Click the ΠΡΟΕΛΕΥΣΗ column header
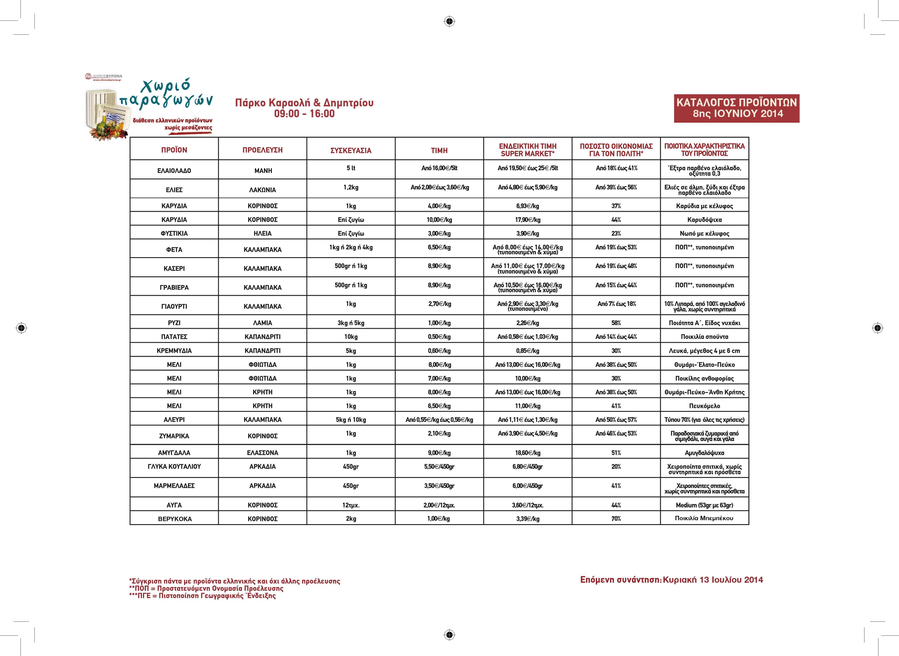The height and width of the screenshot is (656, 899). (262, 150)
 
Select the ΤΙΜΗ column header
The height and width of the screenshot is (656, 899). (439, 150)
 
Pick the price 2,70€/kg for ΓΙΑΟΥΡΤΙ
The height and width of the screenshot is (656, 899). (439, 304)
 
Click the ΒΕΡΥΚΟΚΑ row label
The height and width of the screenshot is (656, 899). (174, 519)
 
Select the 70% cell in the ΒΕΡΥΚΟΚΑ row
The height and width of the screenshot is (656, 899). (616, 519)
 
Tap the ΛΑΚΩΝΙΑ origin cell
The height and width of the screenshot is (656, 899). (262, 190)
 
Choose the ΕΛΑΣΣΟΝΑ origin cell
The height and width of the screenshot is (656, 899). (262, 453)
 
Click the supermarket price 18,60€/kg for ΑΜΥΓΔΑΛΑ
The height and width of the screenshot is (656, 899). (528, 453)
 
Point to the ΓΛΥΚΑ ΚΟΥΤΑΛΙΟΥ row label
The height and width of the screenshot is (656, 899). (174, 467)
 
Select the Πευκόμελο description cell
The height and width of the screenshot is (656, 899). (704, 406)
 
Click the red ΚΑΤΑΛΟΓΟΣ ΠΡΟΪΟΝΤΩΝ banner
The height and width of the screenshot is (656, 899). (737, 108)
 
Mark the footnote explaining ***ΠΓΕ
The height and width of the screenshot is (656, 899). (203, 596)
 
